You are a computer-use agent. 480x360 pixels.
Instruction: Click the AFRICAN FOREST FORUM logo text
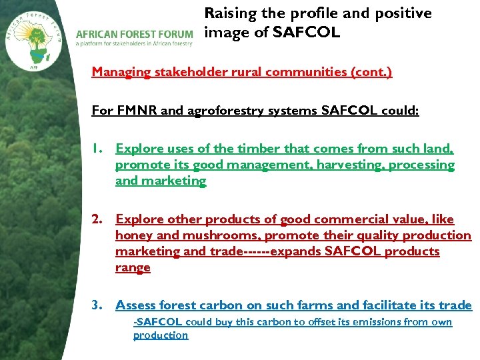[x=134, y=34]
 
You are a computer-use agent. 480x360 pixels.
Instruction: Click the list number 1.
[x=97, y=149]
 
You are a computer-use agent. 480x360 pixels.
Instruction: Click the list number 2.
[x=97, y=219]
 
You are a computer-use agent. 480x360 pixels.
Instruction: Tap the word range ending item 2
[x=133, y=267]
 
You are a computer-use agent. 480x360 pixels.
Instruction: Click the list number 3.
[x=97, y=305]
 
